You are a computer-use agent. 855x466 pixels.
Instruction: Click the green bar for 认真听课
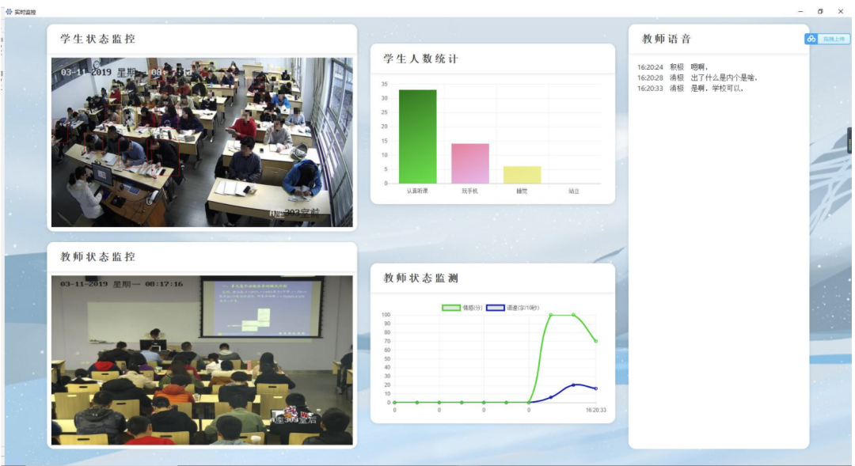[417, 136]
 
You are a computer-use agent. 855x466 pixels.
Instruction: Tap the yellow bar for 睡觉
[522, 175]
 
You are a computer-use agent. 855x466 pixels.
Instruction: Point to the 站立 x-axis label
[574, 191]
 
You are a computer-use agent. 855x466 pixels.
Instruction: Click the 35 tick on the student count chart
[384, 84]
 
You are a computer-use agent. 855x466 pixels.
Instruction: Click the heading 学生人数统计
[420, 59]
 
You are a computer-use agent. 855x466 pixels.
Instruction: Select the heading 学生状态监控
[97, 39]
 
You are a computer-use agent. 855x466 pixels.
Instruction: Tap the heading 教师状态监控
[97, 257]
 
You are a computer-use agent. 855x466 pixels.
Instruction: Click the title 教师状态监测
[420, 278]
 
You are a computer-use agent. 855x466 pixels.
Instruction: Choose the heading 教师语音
[667, 39]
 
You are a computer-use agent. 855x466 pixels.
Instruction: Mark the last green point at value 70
[596, 341]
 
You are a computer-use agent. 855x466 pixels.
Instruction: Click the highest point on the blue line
[574, 385]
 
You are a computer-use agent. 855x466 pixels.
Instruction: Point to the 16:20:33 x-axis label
[595, 410]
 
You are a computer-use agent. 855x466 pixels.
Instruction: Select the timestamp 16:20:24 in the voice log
[650, 67]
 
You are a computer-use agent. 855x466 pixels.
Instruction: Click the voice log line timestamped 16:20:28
[697, 78]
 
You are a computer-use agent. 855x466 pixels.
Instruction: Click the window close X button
[841, 11]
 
